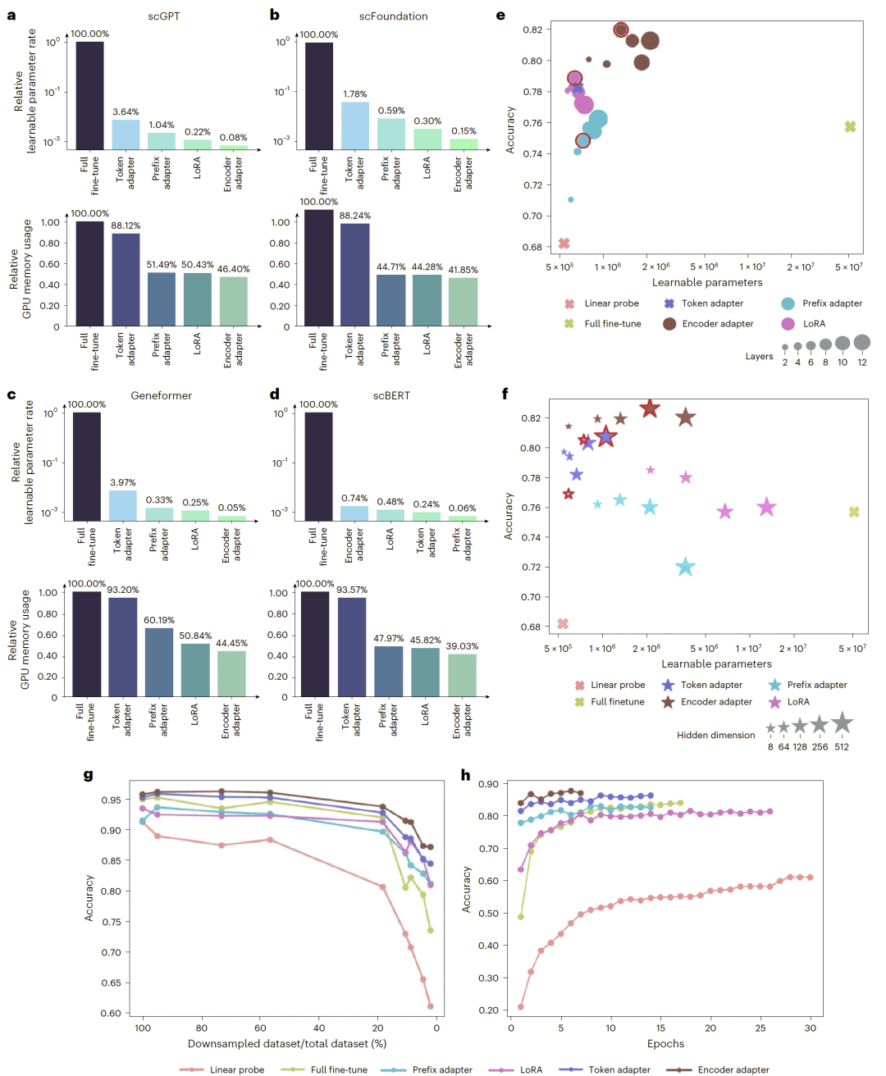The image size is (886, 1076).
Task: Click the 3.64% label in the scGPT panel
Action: pyautogui.click(x=126, y=112)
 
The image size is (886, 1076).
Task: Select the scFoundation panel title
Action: pyautogui.click(x=393, y=16)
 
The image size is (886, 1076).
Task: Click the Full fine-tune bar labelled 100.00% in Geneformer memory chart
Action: pyautogui.click(x=87, y=644)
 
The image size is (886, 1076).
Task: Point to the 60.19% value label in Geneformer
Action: pyautogui.click(x=159, y=620)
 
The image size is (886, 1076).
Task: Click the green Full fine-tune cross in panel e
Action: pyautogui.click(x=850, y=126)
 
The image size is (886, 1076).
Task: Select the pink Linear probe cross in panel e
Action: pyautogui.click(x=564, y=244)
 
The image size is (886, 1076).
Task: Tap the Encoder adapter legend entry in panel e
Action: pyautogui.click(x=717, y=324)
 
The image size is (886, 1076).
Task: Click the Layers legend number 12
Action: pyautogui.click(x=862, y=362)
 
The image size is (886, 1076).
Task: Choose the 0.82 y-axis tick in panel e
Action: pyautogui.click(x=532, y=30)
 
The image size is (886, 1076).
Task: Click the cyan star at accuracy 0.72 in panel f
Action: pyautogui.click(x=685, y=567)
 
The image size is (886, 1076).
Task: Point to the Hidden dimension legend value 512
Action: pyautogui.click(x=842, y=747)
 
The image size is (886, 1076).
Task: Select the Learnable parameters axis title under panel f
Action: pyautogui.click(x=716, y=664)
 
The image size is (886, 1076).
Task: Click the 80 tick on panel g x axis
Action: pyautogui.click(x=201, y=1028)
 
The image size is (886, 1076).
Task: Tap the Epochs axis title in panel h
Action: pyautogui.click(x=665, y=1044)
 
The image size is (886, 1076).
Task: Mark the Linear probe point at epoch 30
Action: pyautogui.click(x=811, y=878)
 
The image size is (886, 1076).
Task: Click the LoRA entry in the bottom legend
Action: pyautogui.click(x=531, y=1069)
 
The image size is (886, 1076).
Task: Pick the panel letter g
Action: pyautogui.click(x=88, y=775)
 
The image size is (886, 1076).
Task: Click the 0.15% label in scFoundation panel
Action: pyautogui.click(x=464, y=131)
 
